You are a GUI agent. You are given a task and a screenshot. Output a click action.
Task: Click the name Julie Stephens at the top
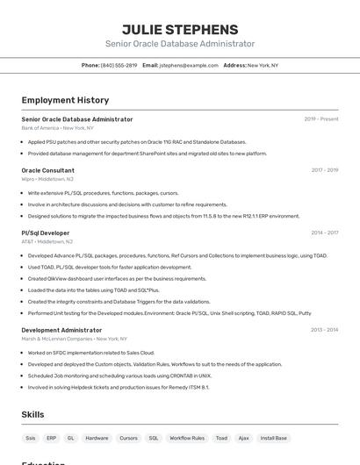pos(180,29)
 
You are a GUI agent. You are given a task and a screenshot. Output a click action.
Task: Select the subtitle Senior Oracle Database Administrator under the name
pos(180,44)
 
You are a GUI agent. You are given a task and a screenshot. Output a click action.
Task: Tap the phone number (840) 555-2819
pos(119,65)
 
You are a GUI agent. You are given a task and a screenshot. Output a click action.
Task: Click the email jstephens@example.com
pos(189,65)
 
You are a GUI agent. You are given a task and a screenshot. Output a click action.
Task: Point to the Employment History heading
pos(65,100)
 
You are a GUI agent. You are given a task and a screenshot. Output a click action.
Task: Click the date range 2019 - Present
pos(321,119)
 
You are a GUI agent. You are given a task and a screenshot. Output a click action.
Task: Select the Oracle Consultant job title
pos(47,170)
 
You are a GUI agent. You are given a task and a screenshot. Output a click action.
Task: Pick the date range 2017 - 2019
pos(325,170)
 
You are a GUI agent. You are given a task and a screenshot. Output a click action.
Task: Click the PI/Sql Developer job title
pos(46,233)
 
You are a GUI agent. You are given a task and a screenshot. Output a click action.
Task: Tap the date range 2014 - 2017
pos(325,233)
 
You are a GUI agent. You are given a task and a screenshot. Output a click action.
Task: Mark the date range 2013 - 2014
pos(325,330)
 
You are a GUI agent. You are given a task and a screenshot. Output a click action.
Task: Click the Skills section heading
pos(34,413)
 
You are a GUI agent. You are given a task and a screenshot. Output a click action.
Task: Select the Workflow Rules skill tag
pos(187,438)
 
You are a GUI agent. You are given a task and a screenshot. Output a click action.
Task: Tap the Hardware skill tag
pos(97,438)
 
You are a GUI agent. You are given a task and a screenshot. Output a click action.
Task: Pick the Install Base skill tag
pos(274,438)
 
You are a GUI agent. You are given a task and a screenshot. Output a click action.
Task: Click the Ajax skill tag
pos(243,438)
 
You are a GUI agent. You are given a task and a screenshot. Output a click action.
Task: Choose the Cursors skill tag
pos(128,438)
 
